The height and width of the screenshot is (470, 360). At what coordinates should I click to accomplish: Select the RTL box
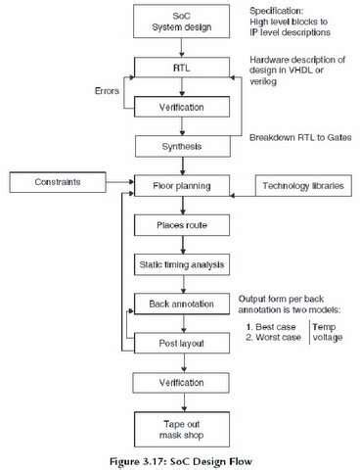pyautogui.click(x=180, y=70)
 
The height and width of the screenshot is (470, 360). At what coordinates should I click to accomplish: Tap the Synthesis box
pyautogui.click(x=180, y=146)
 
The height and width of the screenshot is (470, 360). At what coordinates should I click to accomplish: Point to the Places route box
pyautogui.click(x=180, y=225)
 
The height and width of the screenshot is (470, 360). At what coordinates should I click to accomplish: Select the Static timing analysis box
pyautogui.click(x=180, y=263)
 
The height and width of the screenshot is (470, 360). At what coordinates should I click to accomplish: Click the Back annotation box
pyautogui.click(x=180, y=305)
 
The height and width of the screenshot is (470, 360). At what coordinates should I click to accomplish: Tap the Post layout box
pyautogui.click(x=180, y=343)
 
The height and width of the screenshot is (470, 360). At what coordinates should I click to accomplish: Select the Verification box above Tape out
pyautogui.click(x=180, y=383)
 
